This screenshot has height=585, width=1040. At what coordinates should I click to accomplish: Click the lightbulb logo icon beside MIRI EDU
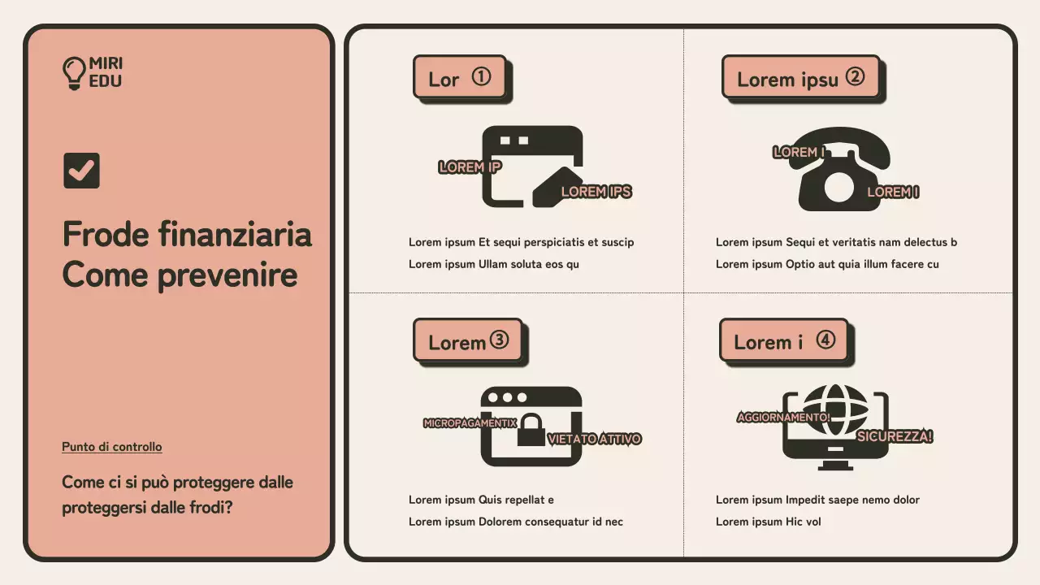pyautogui.click(x=74, y=72)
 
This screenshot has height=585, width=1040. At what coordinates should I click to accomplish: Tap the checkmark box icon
pyautogui.click(x=81, y=171)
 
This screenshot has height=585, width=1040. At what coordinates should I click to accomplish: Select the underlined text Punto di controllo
pyautogui.click(x=111, y=447)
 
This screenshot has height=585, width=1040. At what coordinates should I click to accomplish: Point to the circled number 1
pyautogui.click(x=481, y=76)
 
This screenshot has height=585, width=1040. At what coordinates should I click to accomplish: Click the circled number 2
pyautogui.click(x=855, y=76)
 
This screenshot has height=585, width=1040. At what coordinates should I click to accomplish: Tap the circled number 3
pyautogui.click(x=499, y=340)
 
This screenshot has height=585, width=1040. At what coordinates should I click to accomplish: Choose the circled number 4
pyautogui.click(x=825, y=340)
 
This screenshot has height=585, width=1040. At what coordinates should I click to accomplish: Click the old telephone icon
pyautogui.click(x=839, y=171)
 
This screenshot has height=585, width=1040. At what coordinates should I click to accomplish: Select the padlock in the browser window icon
pyautogui.click(x=531, y=431)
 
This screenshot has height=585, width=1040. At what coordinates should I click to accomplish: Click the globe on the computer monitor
pyautogui.click(x=835, y=409)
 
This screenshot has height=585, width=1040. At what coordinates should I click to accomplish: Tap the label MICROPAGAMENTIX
pyautogui.click(x=470, y=423)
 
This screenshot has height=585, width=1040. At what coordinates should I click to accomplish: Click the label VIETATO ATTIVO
pyautogui.click(x=594, y=439)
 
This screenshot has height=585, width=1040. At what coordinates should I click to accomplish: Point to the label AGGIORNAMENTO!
pyautogui.click(x=783, y=417)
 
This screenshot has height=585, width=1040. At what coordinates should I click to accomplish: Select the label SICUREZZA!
pyautogui.click(x=895, y=436)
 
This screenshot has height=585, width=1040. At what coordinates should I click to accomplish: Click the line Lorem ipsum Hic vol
pyautogui.click(x=768, y=522)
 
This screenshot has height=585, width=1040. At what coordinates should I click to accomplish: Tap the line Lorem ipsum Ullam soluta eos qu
pyautogui.click(x=493, y=264)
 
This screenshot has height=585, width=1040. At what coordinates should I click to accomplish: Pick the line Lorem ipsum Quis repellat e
pyautogui.click(x=481, y=500)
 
